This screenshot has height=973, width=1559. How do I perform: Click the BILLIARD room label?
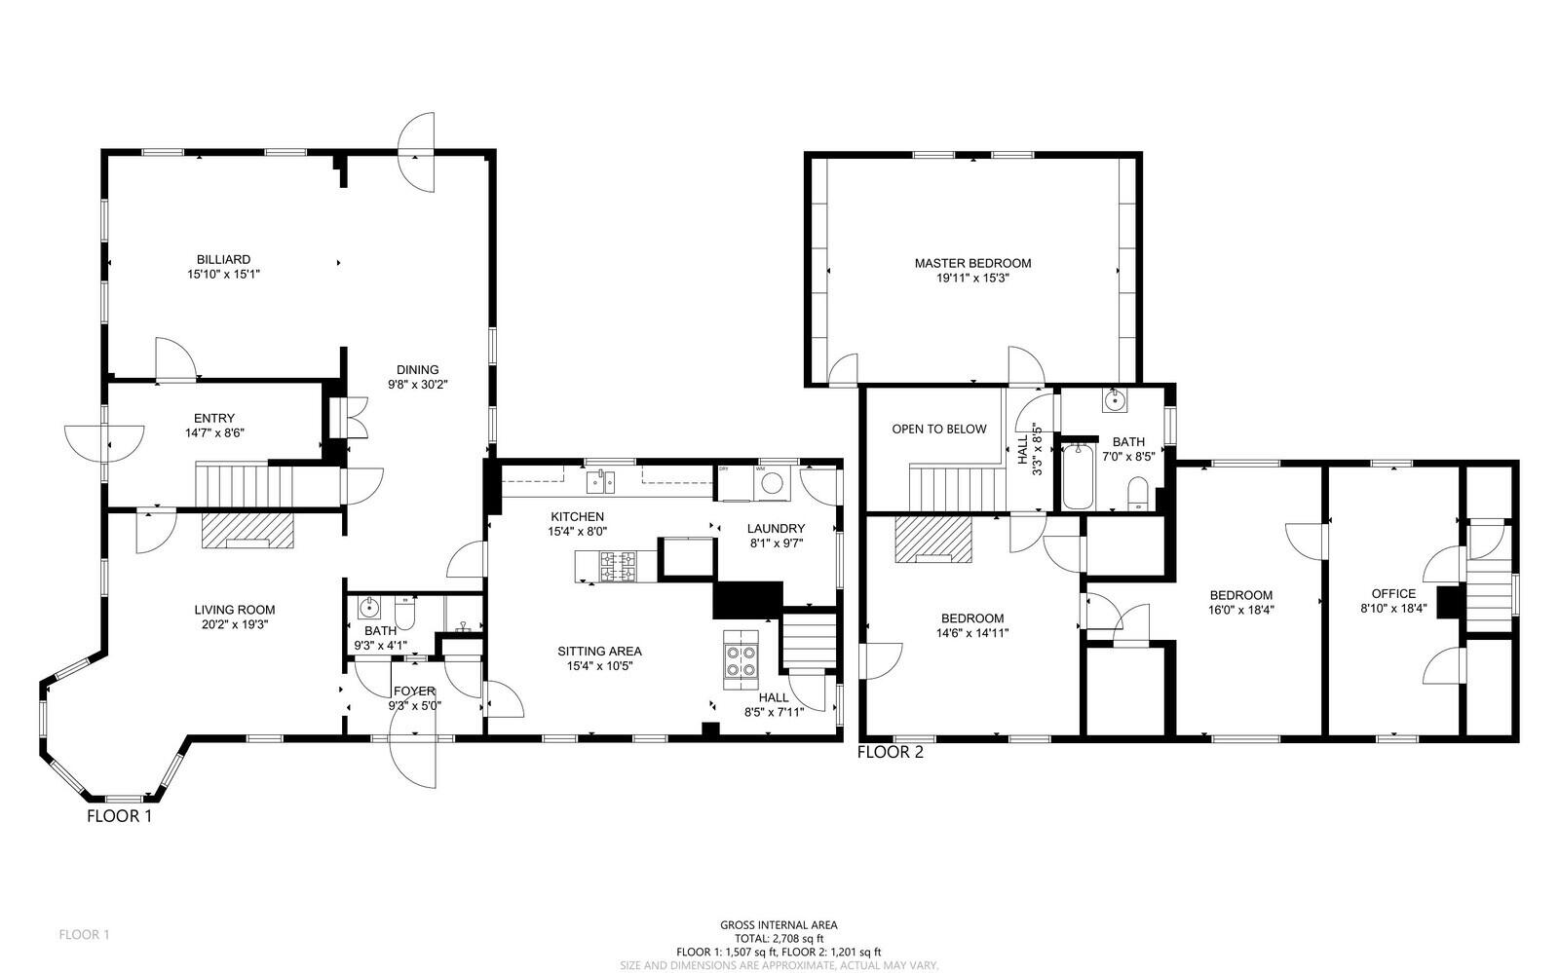pos(223,259)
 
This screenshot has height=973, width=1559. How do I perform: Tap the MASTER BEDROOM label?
pos(971,263)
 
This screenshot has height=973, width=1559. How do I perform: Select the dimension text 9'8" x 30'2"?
pos(417,384)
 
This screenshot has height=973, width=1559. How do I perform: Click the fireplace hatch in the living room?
pos(247,532)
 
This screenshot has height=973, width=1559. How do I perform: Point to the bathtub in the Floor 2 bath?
pos(1079,477)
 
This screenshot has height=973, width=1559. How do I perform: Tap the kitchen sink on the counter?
pos(600,480)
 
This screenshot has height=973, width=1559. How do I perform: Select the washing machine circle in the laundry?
pos(773,482)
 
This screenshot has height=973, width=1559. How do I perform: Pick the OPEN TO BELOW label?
pos(938,429)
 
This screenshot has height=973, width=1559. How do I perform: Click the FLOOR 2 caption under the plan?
pos(890,752)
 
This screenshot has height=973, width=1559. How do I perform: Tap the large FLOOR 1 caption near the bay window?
pos(119,816)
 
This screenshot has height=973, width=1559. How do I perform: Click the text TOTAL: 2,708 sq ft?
pos(779,938)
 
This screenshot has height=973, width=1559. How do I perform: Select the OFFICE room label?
pos(1393,593)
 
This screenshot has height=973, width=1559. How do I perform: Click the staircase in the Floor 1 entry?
pos(245,483)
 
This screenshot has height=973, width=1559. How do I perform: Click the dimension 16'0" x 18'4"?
pos(1240,610)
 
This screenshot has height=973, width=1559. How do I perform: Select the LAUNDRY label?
pos(776,529)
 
